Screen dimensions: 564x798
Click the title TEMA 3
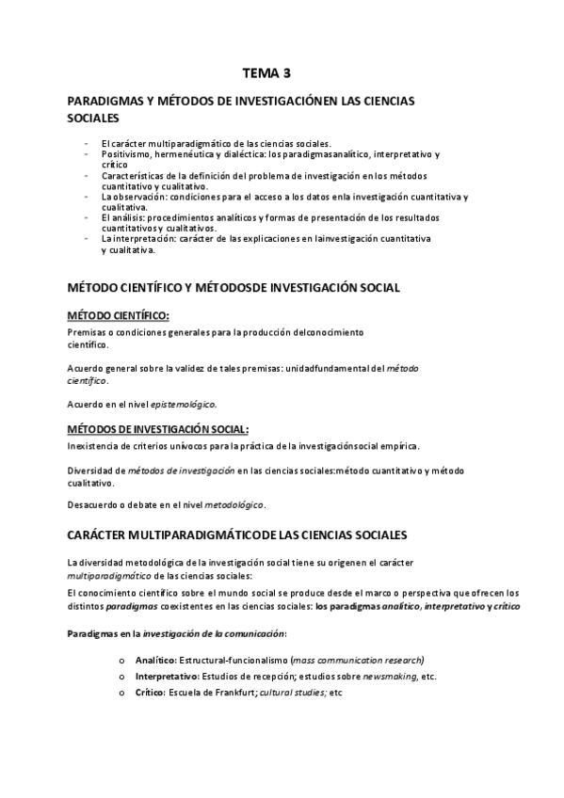(268, 72)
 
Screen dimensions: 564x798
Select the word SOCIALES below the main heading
(94, 120)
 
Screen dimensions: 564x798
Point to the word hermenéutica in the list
(186, 152)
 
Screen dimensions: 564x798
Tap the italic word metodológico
(234, 504)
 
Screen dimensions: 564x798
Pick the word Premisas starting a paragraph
(88, 333)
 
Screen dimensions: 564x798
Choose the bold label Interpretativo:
(166, 676)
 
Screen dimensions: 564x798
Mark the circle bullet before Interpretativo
(122, 677)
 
